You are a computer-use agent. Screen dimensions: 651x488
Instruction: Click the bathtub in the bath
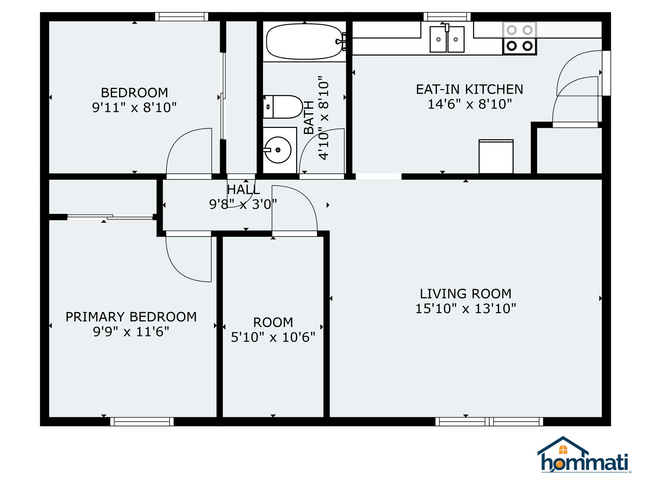click(305, 41)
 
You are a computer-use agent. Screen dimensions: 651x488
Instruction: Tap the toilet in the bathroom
click(283, 107)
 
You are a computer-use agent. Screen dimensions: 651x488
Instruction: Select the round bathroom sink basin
click(278, 150)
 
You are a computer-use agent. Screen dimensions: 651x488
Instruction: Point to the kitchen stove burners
click(520, 38)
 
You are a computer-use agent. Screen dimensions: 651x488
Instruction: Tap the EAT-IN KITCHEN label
click(469, 89)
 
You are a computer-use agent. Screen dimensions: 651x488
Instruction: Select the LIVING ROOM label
click(466, 294)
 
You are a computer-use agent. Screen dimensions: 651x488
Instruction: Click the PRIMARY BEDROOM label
click(131, 317)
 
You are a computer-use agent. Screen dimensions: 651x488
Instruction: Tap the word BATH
click(309, 117)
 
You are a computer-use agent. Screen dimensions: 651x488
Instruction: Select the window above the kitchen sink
click(447, 17)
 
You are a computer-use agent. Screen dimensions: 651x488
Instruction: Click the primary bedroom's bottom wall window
click(142, 421)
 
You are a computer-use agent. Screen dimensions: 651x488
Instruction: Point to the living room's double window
click(489, 421)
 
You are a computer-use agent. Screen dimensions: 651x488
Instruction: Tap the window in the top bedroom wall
click(182, 17)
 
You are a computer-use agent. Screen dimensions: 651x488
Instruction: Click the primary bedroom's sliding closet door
click(110, 217)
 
